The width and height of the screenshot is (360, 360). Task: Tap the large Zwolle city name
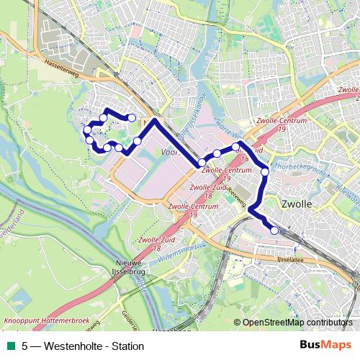(x=297, y=204)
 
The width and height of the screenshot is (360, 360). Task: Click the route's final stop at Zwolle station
(x=274, y=230)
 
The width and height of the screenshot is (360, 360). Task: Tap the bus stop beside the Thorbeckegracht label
(x=265, y=171)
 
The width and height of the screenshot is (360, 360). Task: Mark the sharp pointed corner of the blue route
(x=153, y=120)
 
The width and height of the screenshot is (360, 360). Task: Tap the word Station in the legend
(x=127, y=346)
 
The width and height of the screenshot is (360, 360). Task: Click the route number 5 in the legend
(x=25, y=346)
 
